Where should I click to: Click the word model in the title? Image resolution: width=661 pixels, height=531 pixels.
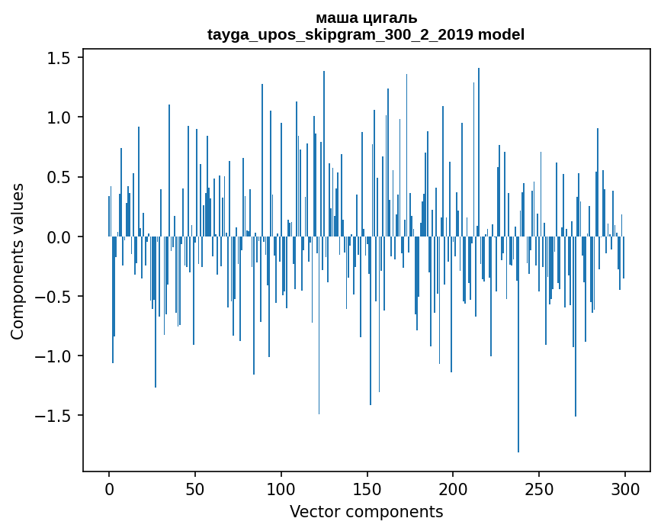pos(501,34)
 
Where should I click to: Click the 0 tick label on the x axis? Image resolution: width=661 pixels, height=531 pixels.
pos(109,488)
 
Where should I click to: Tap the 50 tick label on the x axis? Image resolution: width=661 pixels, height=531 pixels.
pos(195,488)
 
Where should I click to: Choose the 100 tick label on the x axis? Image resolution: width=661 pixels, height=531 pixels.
pos(281,488)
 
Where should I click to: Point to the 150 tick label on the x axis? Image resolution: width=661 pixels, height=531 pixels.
pos(367,488)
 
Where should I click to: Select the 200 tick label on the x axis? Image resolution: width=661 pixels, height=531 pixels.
pos(453,488)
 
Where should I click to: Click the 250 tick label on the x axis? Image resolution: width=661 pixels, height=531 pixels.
pos(539,488)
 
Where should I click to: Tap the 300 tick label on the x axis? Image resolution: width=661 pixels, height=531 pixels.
pos(625,488)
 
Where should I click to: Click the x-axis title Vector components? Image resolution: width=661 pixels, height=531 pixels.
pos(366,511)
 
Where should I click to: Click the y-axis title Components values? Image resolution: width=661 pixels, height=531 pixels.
pos(18,261)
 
